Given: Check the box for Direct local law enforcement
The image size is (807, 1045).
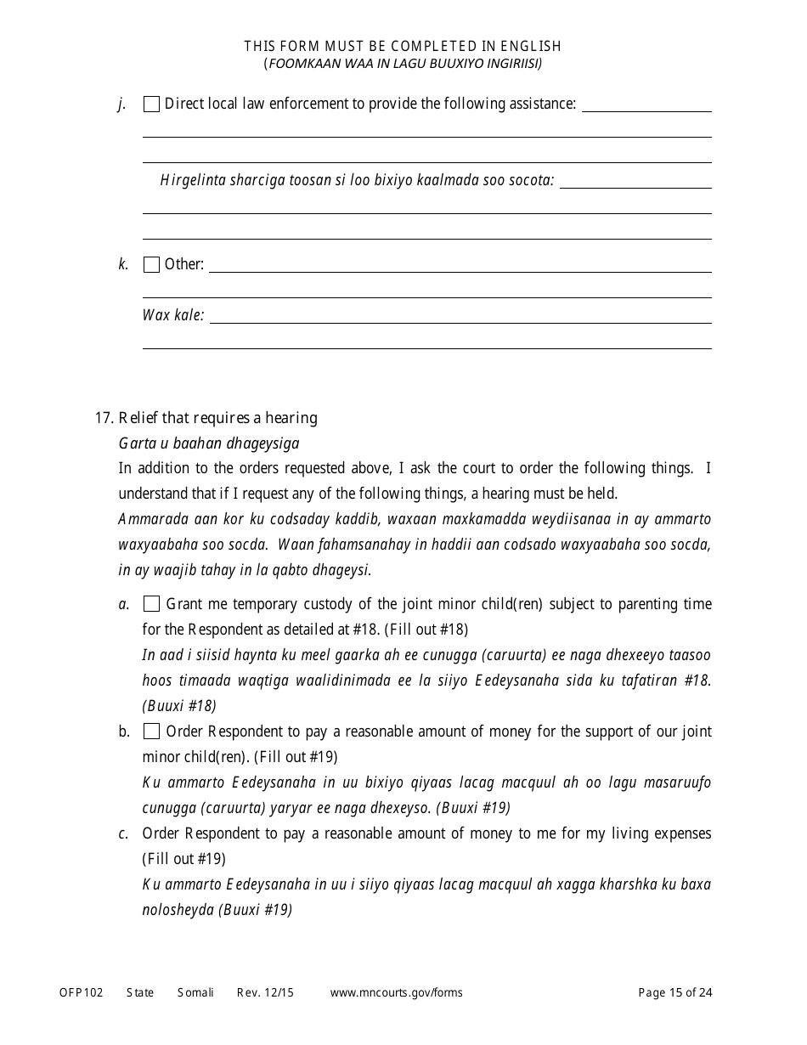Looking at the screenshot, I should click(x=151, y=104).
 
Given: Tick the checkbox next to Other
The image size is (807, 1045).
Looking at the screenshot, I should click(x=151, y=264).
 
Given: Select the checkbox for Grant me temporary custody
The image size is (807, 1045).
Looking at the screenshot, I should click(x=151, y=604).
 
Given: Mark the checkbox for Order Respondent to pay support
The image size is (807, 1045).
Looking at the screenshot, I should click(x=151, y=731).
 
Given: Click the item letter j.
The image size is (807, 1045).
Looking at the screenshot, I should click(x=122, y=104).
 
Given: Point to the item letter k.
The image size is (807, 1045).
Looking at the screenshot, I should click(x=123, y=264).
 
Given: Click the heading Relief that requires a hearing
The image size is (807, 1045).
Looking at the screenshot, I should click(x=217, y=417).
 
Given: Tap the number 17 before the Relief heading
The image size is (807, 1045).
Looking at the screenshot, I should click(x=103, y=417).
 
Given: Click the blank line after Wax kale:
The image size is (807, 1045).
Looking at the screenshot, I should click(x=460, y=322).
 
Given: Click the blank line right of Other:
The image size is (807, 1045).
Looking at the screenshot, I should click(x=460, y=271).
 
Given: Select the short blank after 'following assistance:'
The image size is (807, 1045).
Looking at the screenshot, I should click(x=646, y=110).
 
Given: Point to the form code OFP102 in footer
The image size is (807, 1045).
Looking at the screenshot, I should click(x=81, y=992).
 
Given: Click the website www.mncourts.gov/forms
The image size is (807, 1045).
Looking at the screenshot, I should click(x=396, y=992).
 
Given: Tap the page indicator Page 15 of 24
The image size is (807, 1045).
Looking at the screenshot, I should click(x=674, y=992).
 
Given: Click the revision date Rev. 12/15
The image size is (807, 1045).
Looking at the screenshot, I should click(x=265, y=992).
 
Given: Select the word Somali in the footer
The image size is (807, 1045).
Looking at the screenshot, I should click(x=195, y=992).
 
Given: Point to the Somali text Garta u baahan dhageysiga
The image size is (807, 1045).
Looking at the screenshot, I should click(x=209, y=443).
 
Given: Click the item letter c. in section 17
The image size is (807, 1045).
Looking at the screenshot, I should click(x=123, y=833).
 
